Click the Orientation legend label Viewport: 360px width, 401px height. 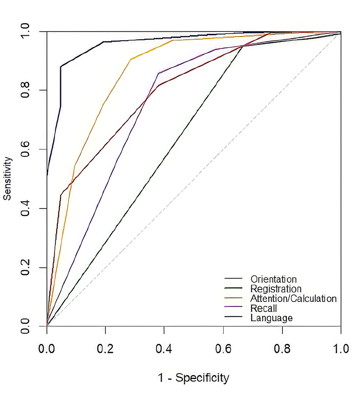pyautogui.click(x=273, y=279)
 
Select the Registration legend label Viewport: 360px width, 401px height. pyautogui.click(x=275, y=289)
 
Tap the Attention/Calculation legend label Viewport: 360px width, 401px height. pyautogui.click(x=293, y=299)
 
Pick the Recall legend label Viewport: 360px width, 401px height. pyautogui.click(x=264, y=308)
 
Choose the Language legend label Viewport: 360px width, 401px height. pyautogui.click(x=271, y=318)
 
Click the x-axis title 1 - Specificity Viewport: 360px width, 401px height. pyautogui.click(x=193, y=378)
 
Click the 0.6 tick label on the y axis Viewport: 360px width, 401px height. pyautogui.click(x=26, y=150)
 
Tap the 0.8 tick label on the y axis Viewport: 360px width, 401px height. pyautogui.click(x=26, y=91)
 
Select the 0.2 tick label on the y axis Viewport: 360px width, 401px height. pyautogui.click(x=26, y=267)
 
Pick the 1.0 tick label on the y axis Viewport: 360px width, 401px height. pyautogui.click(x=26, y=32)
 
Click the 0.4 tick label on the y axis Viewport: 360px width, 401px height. pyautogui.click(x=26, y=209)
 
